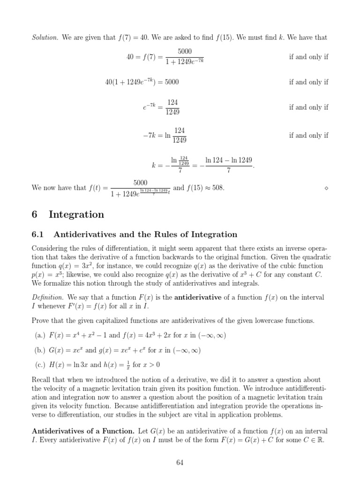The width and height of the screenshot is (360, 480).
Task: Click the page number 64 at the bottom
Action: tap(180, 463)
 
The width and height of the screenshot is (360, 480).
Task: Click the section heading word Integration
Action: tap(76, 215)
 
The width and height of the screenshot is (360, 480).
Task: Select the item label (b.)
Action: tap(41, 350)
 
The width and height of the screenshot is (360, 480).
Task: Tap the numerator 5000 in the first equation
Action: tap(185, 51)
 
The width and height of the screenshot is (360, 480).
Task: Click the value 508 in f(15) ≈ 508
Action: tap(218, 188)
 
